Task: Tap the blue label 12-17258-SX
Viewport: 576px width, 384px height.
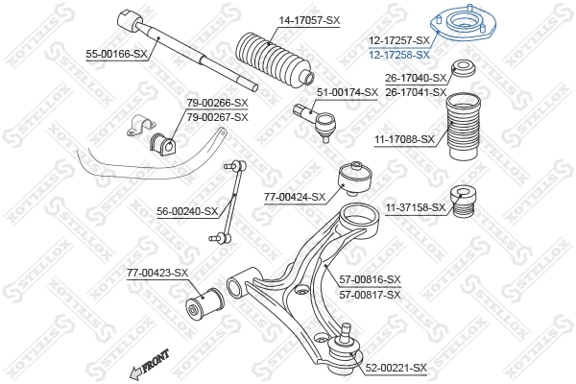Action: coord(398,55)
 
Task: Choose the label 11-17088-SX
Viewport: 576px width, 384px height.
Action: coord(404,139)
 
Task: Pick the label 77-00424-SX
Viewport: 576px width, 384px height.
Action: coord(295,197)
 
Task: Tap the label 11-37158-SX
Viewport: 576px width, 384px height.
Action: coord(416,206)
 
